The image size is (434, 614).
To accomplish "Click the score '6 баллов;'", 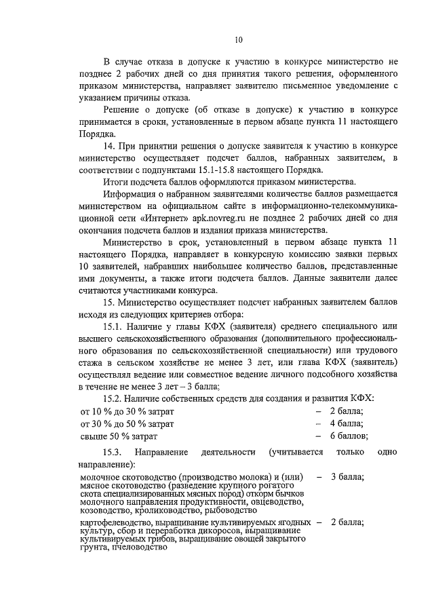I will (349, 436).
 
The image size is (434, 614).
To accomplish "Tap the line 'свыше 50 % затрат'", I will (119, 436).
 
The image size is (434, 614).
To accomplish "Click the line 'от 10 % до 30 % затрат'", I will (127, 412).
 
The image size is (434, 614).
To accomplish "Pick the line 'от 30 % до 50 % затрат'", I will (127, 423).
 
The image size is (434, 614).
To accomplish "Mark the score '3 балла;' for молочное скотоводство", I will (347, 477).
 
